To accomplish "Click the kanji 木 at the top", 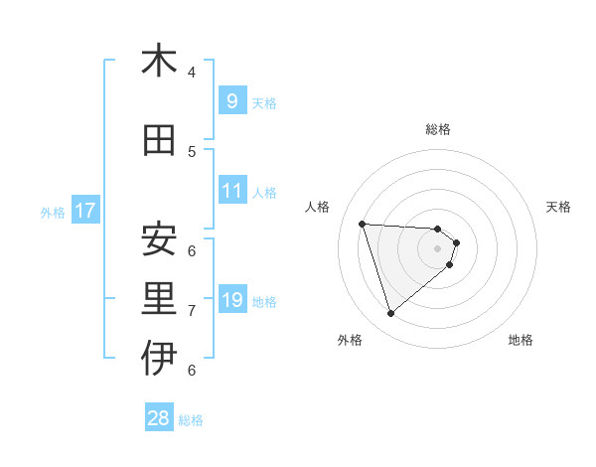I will pyautogui.click(x=159, y=62).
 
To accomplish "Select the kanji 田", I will pyautogui.click(x=159, y=141).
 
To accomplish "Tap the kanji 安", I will pyautogui.click(x=159, y=239).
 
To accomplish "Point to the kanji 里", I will pyautogui.click(x=159, y=300).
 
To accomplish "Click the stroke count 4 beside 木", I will pyautogui.click(x=192, y=72).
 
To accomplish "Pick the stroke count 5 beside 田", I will pyautogui.click(x=192, y=151).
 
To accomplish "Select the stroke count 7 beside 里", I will pyautogui.click(x=192, y=311).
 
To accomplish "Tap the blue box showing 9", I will pyautogui.click(x=231, y=101).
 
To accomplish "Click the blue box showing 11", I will pyautogui.click(x=231, y=191).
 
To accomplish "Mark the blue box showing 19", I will pyautogui.click(x=231, y=300).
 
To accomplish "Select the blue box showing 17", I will pyautogui.click(x=85, y=211).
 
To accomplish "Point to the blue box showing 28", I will pyautogui.click(x=159, y=418).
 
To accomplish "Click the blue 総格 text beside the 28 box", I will pyautogui.click(x=191, y=420).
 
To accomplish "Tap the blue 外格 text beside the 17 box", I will pyautogui.click(x=53, y=212).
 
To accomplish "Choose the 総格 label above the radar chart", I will pyautogui.click(x=438, y=129).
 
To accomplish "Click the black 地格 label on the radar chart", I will pyautogui.click(x=521, y=340).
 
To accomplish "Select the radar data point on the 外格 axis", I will pyautogui.click(x=390, y=314).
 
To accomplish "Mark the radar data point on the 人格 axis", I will pyautogui.click(x=363, y=224).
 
